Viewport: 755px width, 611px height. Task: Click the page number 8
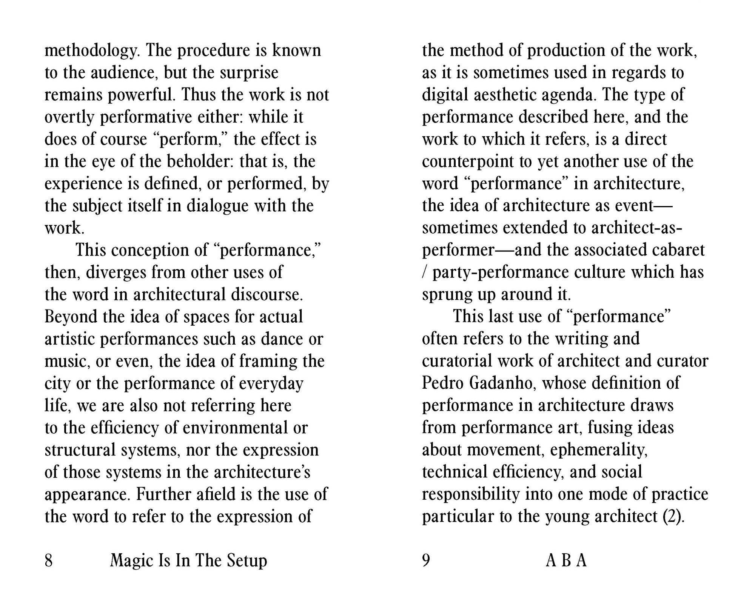pos(49,560)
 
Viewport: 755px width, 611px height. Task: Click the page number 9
pos(426,560)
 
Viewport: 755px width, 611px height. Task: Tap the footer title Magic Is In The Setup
pos(188,560)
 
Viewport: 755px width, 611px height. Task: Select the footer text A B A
pos(566,560)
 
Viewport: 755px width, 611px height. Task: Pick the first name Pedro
pos(442,383)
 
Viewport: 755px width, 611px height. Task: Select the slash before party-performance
pos(424,272)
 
